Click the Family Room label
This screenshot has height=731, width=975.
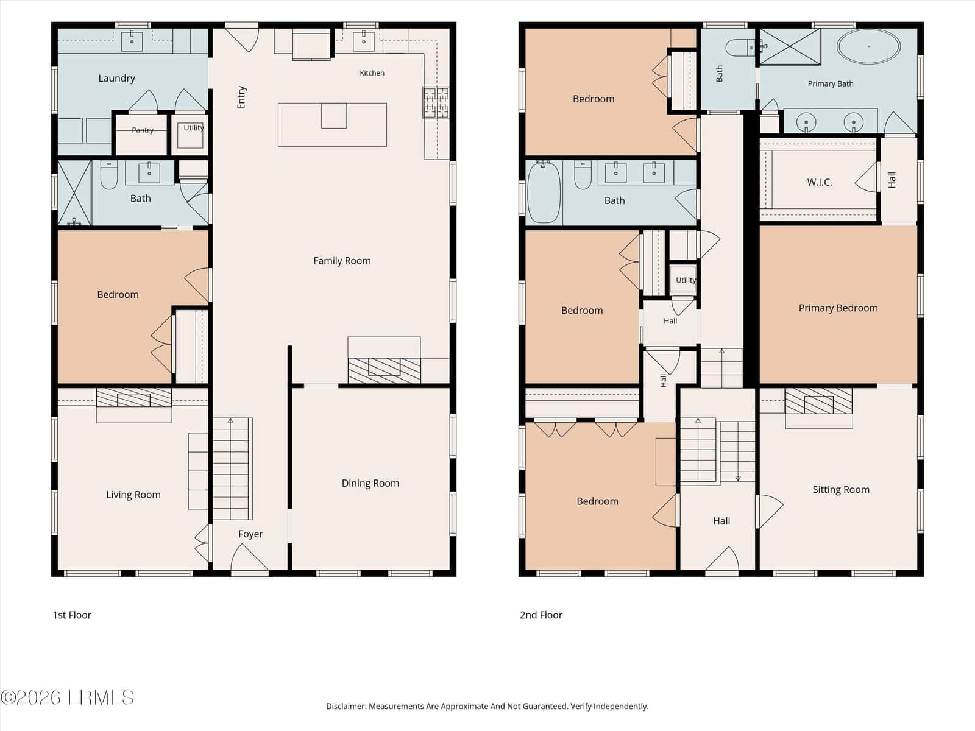pos(342,261)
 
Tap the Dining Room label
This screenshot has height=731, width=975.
pos(370,483)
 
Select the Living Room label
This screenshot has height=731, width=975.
pos(133,495)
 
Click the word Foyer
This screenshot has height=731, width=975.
pos(250,534)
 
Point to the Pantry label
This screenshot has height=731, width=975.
pos(143,130)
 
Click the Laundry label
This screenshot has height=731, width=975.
pos(117,79)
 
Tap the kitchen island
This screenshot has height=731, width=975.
pos(332,125)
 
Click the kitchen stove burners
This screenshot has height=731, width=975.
pos(436,103)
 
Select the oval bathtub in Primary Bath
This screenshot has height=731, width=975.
pos(868,47)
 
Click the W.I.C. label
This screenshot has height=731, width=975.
pos(820,182)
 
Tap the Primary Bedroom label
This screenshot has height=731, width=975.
pos(838,308)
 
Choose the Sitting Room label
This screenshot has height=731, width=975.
pos(841,490)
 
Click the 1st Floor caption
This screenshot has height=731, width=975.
pos(72,615)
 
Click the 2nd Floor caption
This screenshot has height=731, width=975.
pos(541,615)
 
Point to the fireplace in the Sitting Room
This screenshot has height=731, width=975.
pos(818,401)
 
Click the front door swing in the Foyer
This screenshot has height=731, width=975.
pos(249,558)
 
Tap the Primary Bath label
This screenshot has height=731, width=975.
pos(830,84)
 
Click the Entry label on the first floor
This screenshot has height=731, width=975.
pos(241,97)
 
